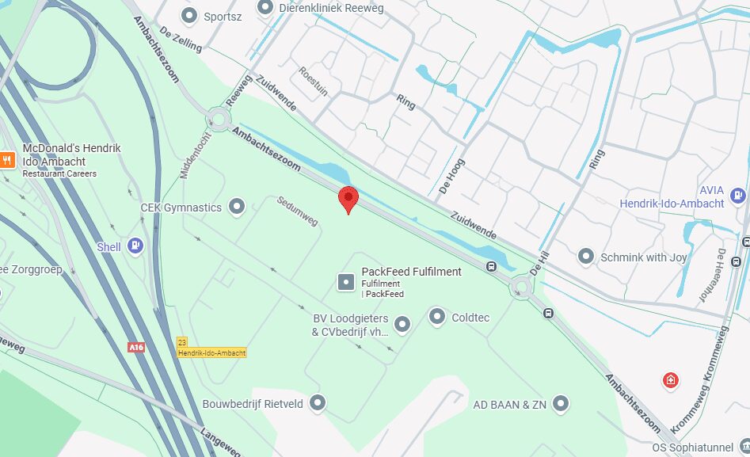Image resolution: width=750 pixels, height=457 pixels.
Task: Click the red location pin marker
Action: [x=348, y=199]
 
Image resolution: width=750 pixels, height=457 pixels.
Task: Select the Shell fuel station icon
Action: [x=135, y=246]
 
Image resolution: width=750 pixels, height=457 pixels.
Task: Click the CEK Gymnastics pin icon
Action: [x=236, y=208]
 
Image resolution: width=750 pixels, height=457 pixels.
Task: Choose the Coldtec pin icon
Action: [x=437, y=318]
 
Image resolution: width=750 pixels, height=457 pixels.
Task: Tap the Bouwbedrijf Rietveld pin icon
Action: [x=318, y=404]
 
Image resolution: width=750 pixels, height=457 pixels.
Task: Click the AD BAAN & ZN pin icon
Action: [x=562, y=405]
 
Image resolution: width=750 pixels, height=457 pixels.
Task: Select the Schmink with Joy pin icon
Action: [x=586, y=257]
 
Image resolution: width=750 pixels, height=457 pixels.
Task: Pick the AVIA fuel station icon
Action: [x=738, y=194]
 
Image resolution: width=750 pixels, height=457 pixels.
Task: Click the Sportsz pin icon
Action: [x=189, y=15]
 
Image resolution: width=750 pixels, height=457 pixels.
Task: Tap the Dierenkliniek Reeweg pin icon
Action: [x=265, y=8]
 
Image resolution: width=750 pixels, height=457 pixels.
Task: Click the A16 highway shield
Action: [x=136, y=347]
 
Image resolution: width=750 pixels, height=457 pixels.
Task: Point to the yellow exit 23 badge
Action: [x=182, y=341]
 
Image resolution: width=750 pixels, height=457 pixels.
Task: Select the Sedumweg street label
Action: [x=298, y=211]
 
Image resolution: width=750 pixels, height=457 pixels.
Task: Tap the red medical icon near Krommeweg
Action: [x=671, y=381]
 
